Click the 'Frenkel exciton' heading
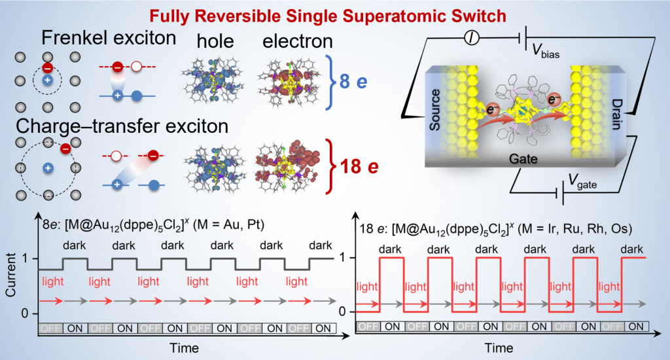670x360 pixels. tap(109, 39)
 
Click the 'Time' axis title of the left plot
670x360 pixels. tap(185, 346)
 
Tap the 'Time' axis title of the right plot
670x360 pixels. tap(499, 346)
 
